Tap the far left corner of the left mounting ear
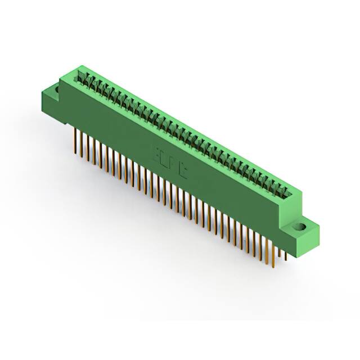[40, 93]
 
